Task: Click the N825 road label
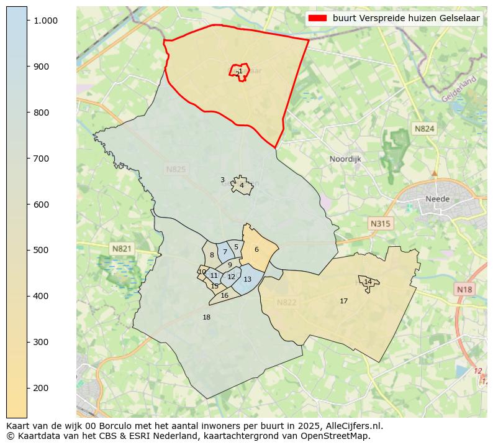pos(176,169)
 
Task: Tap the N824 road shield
pos(425,129)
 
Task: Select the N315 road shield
pos(380,223)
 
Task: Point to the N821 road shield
pos(122,249)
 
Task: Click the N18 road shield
pos(464,289)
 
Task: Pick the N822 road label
pos(286,302)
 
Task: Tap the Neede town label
pos(437,199)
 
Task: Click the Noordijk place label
pos(345,159)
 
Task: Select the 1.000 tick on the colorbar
pos(45,21)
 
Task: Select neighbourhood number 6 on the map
pos(256,249)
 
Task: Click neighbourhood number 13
pos(247,280)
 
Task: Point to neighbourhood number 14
pos(368,282)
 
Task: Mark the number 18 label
pos(207,317)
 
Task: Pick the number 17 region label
pos(343,301)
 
